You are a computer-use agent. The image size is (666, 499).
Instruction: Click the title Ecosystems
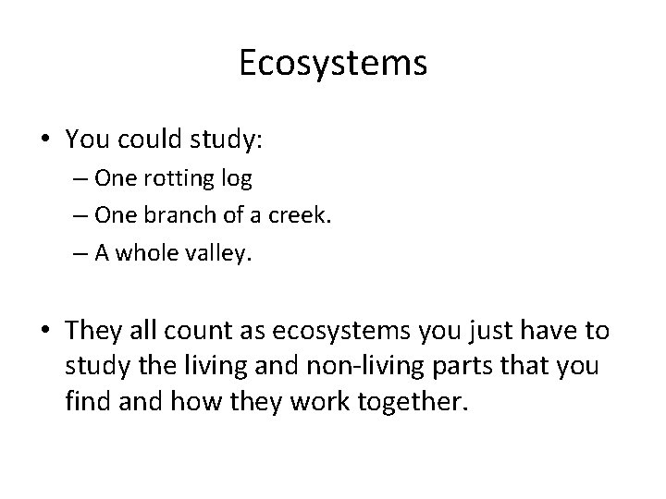pos(333,63)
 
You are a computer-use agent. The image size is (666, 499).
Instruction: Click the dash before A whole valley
pos(101,252)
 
